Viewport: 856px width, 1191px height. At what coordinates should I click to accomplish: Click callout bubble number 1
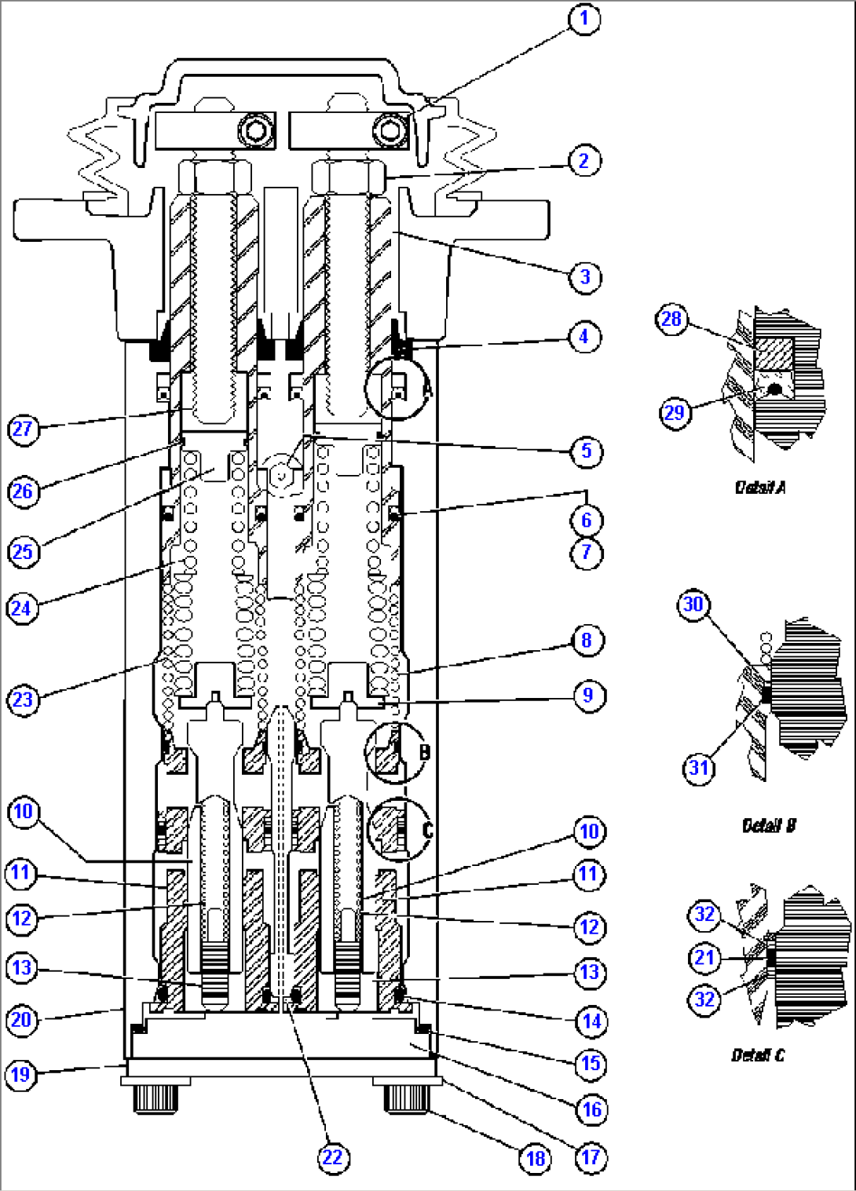(x=583, y=18)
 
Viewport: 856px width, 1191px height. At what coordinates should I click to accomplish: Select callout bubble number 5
(x=586, y=451)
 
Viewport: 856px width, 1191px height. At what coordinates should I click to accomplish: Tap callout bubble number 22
(x=332, y=1156)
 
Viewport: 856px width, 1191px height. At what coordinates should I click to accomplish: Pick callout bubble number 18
(x=536, y=1158)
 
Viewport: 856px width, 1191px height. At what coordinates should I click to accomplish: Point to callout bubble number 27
(x=23, y=429)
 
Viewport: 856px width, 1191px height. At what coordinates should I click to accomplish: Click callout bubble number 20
(x=21, y=1020)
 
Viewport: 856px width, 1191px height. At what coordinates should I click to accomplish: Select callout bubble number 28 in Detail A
(x=671, y=319)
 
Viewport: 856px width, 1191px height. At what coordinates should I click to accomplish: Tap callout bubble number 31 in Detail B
(x=699, y=767)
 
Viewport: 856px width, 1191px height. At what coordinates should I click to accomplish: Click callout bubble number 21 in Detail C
(x=704, y=957)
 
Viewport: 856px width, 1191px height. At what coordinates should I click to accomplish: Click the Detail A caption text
(x=759, y=488)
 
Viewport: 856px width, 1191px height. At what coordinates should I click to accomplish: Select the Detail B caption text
(x=769, y=825)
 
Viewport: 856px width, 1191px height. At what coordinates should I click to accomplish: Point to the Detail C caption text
(x=758, y=1055)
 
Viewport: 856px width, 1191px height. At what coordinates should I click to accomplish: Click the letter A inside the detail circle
(x=426, y=389)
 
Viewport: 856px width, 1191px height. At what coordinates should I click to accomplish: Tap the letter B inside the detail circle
(x=425, y=752)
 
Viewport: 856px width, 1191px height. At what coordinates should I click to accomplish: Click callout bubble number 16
(x=591, y=1109)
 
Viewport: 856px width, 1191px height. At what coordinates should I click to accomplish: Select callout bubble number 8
(x=587, y=640)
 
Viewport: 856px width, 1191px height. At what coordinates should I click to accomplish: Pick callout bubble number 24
(x=21, y=608)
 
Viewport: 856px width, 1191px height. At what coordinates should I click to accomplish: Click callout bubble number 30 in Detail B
(x=693, y=604)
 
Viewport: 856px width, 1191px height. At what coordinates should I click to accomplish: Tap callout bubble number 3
(x=584, y=276)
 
